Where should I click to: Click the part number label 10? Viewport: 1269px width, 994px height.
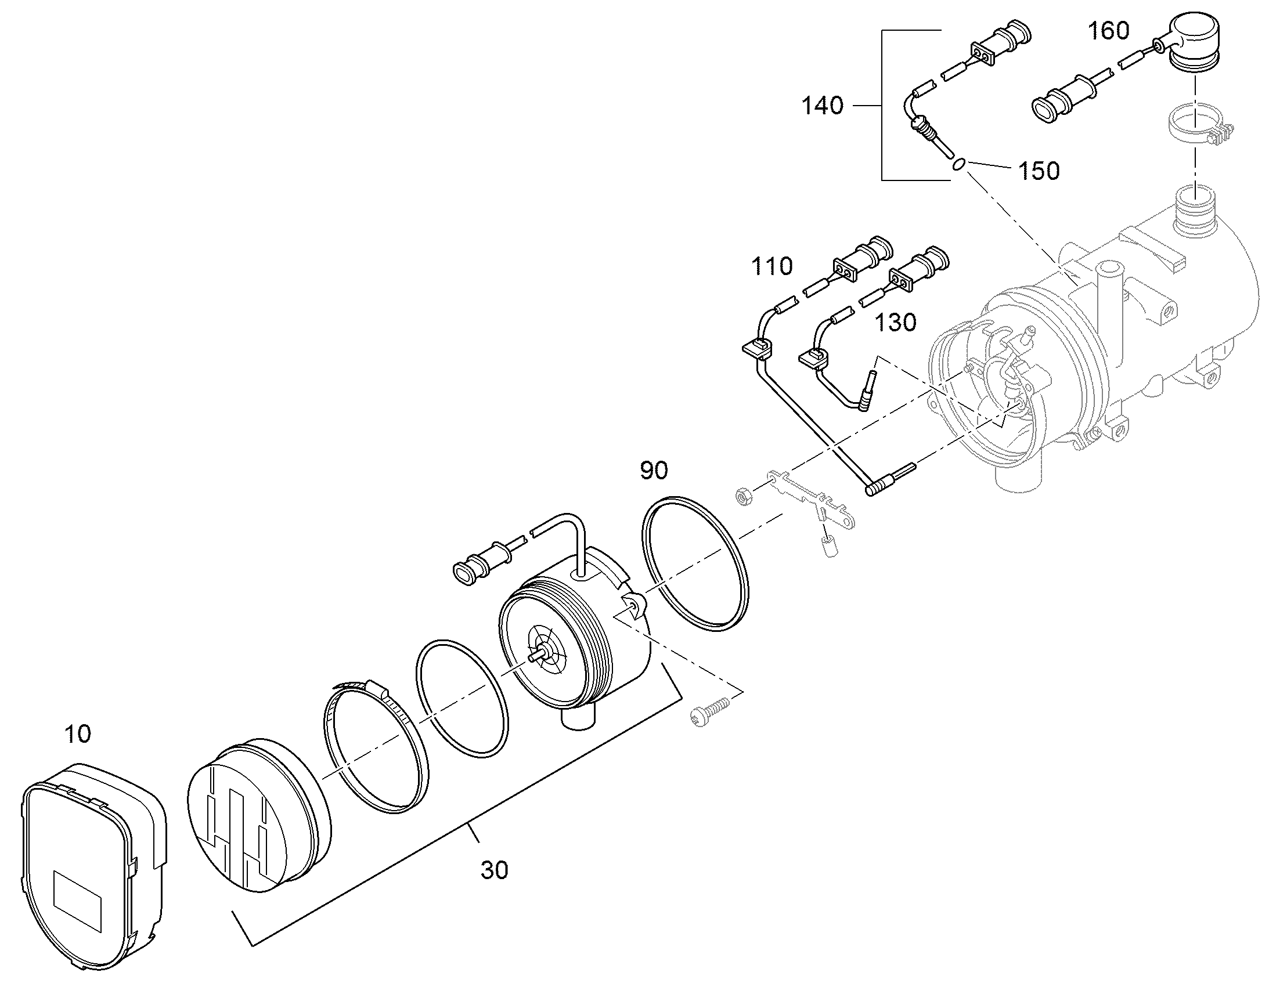(x=77, y=734)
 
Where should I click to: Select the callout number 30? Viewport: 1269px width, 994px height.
(x=494, y=870)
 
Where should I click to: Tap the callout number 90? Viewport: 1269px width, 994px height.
(x=654, y=470)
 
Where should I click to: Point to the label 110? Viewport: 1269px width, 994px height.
(x=772, y=266)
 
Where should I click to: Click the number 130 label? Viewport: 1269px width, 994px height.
(x=896, y=322)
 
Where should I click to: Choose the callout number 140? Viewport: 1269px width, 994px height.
(x=822, y=106)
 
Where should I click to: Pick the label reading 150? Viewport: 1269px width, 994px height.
(x=1039, y=171)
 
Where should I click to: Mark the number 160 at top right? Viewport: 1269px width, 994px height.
(x=1109, y=30)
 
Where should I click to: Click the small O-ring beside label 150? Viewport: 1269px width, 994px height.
(x=959, y=164)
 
